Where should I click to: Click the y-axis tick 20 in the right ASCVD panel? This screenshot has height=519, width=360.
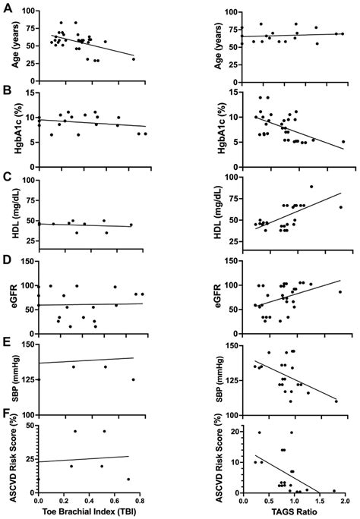(233, 430)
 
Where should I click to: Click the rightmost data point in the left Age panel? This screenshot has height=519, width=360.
(134, 59)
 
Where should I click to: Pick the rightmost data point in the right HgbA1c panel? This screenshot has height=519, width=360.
(343, 142)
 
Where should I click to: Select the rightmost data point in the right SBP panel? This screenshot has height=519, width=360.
(336, 401)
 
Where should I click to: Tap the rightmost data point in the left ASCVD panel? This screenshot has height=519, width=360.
(128, 479)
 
